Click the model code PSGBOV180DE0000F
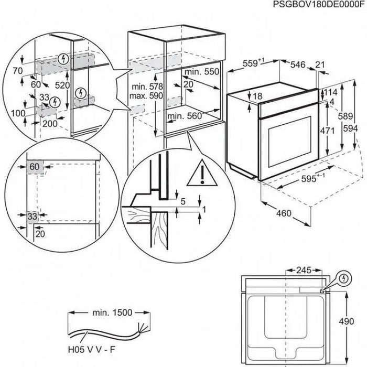coord(318,5)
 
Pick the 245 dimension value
coord(303,271)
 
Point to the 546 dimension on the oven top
coord(298,64)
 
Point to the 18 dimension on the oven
coord(257,96)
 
